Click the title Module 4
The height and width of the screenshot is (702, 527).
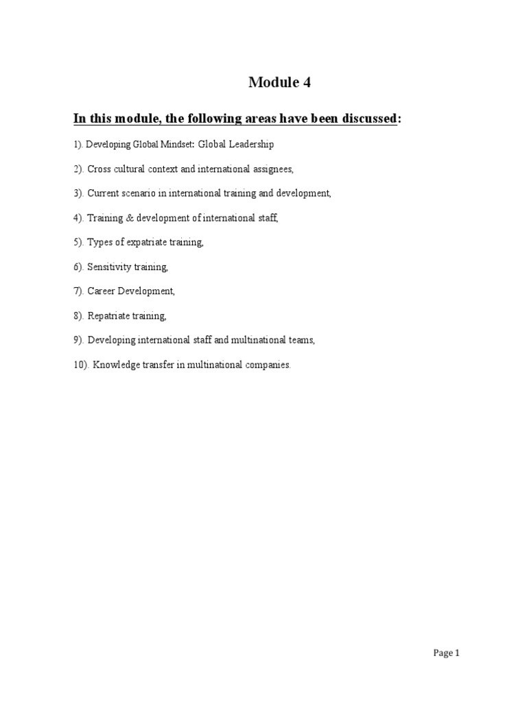click(279, 83)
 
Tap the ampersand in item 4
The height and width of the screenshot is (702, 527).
click(128, 218)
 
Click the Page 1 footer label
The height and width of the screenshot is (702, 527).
click(446, 653)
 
